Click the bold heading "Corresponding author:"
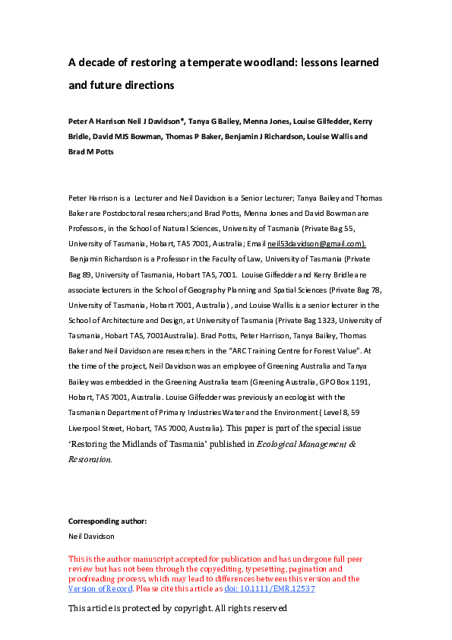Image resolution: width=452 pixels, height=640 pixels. (x=107, y=521)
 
